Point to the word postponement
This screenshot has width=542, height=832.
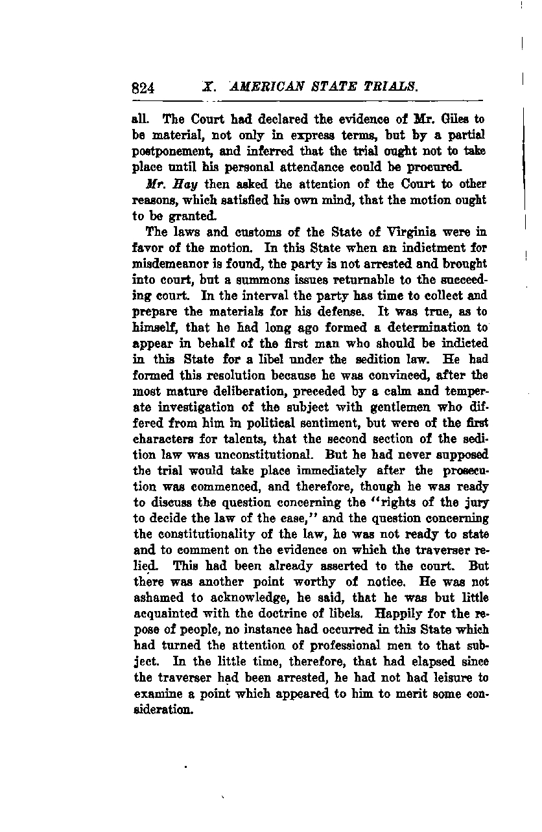pos(169,151)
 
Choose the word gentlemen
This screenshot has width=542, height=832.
pos(384,407)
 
